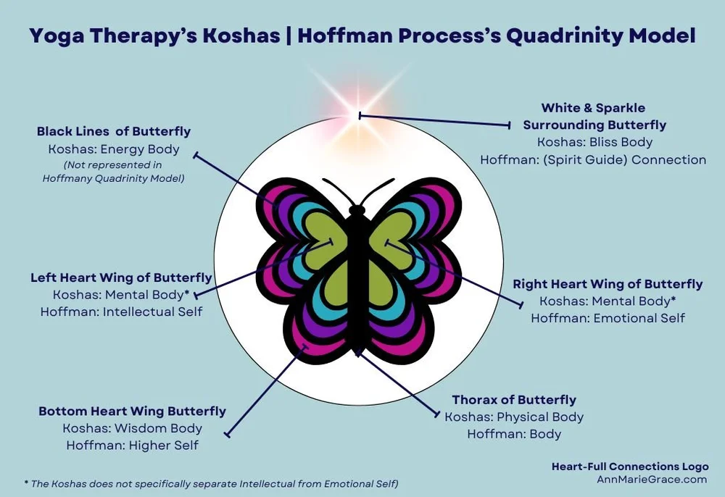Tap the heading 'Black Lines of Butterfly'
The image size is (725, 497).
pos(114,131)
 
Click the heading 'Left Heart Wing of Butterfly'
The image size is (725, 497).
pos(121,277)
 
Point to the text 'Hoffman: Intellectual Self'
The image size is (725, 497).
pos(121,312)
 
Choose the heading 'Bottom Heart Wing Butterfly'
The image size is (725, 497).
pos(132,411)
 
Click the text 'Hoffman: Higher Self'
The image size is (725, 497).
pos(132,446)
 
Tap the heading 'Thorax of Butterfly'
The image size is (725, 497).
pos(514,399)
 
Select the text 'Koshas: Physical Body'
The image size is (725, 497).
pos(514,417)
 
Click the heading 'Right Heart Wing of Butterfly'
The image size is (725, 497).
pos(608,284)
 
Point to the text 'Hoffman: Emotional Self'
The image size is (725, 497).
pos(608,318)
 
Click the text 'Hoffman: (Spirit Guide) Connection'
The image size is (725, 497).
pos(593,159)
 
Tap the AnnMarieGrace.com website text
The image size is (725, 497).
pos(652,479)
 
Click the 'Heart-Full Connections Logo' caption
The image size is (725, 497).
pos(630,467)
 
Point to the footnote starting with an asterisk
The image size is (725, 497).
pos(211,483)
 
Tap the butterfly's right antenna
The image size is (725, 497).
pos(377,191)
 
